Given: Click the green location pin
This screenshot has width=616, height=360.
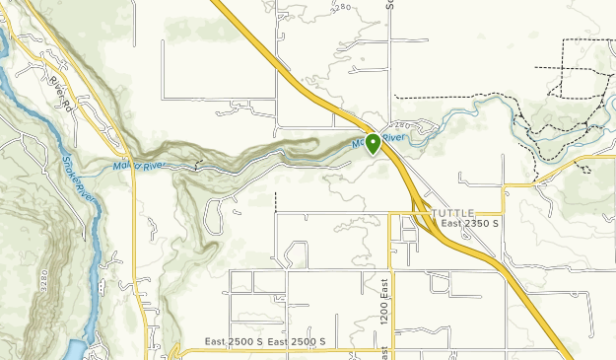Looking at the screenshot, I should [x=374, y=144].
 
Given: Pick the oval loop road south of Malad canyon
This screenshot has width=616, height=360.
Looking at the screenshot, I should [x=221, y=206].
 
